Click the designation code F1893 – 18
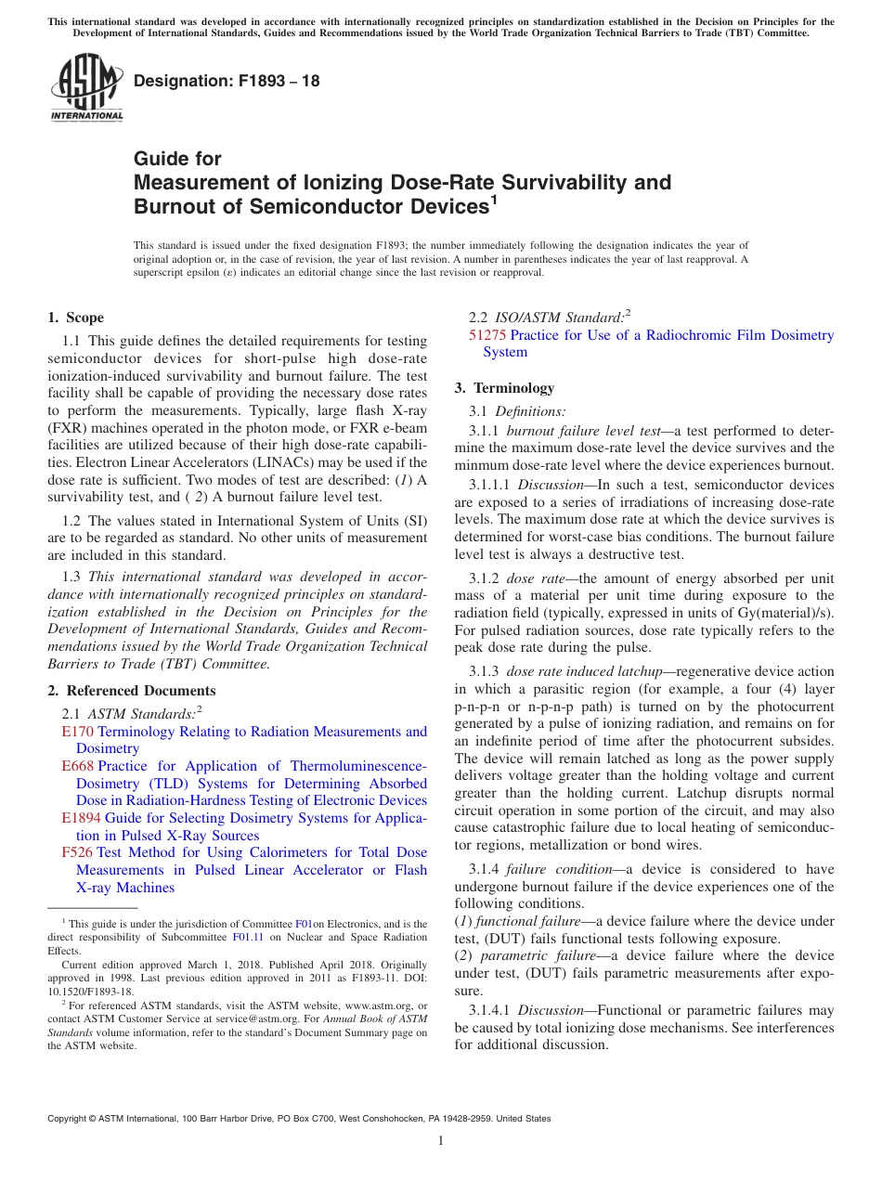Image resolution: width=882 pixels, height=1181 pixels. click(x=227, y=81)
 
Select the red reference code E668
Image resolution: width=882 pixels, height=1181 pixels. click(x=77, y=766)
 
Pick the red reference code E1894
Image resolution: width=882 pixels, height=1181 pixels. click(x=81, y=818)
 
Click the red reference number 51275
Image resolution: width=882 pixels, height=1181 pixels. click(x=487, y=335)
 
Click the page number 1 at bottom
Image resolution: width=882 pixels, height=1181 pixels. click(x=441, y=1140)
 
